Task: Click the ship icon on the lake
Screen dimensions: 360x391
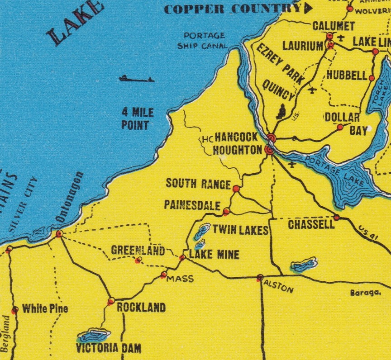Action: pyautogui.click(x=136, y=79)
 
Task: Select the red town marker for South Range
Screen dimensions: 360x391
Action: pyautogui.click(x=236, y=188)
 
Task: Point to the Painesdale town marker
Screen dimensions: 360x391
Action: pyautogui.click(x=226, y=211)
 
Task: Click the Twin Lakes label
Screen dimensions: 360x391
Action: pyautogui.click(x=240, y=230)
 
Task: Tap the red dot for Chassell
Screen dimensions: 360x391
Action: pyautogui.click(x=336, y=218)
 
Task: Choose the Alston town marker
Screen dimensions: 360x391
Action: pyautogui.click(x=260, y=277)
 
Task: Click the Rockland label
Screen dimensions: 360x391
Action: pyautogui.click(x=141, y=308)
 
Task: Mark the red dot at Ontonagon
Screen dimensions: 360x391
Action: pyautogui.click(x=59, y=234)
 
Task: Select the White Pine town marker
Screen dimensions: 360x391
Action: pyautogui.click(x=15, y=310)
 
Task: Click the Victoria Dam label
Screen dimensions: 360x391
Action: pyautogui.click(x=109, y=348)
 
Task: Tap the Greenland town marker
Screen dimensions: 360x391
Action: pyautogui.click(x=138, y=260)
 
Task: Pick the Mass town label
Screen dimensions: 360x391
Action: pyautogui.click(x=180, y=279)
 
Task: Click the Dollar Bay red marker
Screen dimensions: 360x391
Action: pyautogui.click(x=340, y=127)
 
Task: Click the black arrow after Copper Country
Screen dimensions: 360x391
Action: pyautogui.click(x=309, y=8)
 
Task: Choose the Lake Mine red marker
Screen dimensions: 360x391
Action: pyautogui.click(x=182, y=257)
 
